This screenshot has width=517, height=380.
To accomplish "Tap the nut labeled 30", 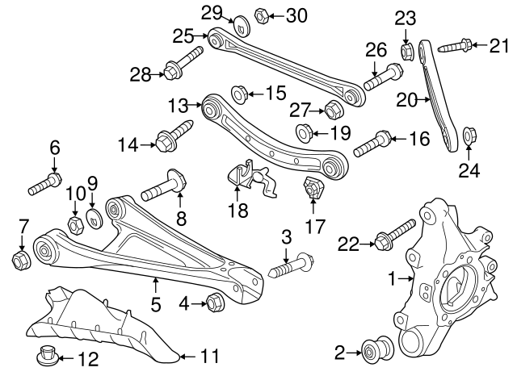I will pyautogui.click(x=262, y=15).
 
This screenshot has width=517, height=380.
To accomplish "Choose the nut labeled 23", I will pyautogui.click(x=408, y=50).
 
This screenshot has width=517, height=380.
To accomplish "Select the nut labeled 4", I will pyautogui.click(x=216, y=303).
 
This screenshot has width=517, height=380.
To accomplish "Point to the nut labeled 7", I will pyautogui.click(x=22, y=258).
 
